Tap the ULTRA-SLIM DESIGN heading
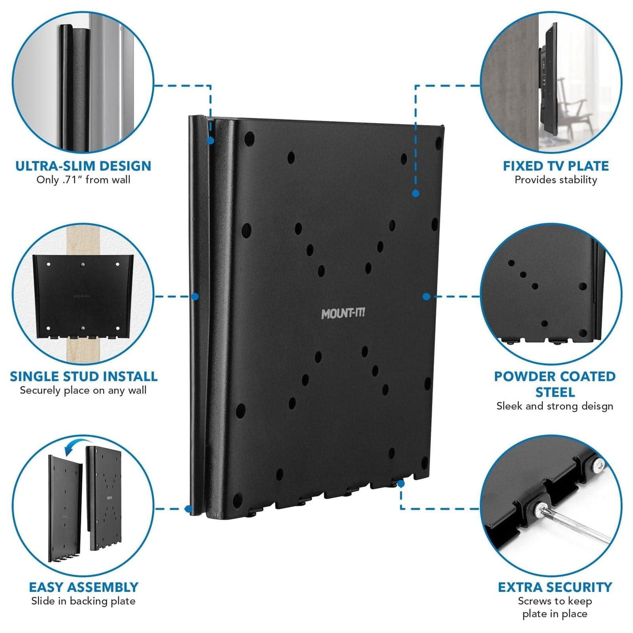(x=83, y=166)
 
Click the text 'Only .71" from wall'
(x=83, y=180)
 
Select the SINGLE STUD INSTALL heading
(x=83, y=376)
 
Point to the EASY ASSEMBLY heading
(x=83, y=587)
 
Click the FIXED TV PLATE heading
(x=555, y=166)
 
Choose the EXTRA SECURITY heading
(x=555, y=587)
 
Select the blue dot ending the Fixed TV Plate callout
(x=416, y=193)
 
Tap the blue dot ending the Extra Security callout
(x=400, y=483)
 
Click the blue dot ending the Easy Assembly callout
(x=188, y=508)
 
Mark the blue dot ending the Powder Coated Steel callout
(x=426, y=296)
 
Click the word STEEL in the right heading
(x=555, y=392)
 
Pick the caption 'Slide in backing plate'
(x=83, y=601)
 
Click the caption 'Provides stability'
(x=555, y=180)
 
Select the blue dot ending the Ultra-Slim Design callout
(x=210, y=140)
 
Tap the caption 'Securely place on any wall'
(x=83, y=391)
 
